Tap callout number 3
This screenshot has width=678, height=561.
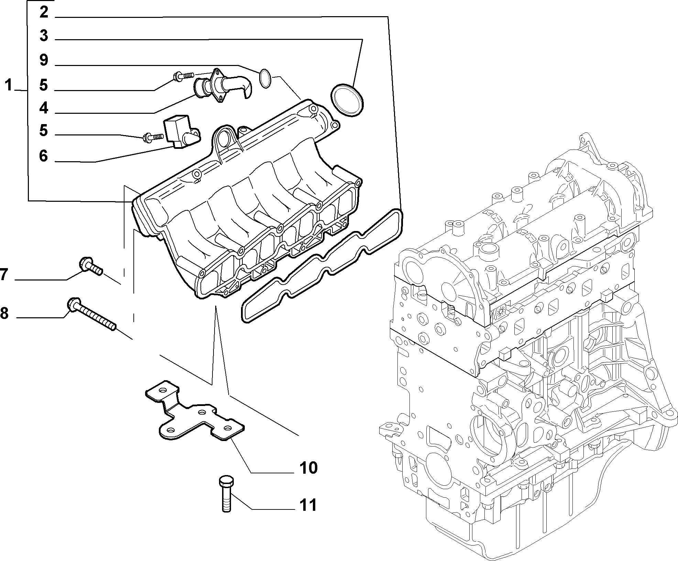(x=44, y=36)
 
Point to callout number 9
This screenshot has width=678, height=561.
(x=44, y=60)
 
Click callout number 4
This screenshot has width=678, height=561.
(x=44, y=108)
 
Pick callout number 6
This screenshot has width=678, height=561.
(x=44, y=156)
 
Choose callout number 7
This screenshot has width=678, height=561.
(x=4, y=275)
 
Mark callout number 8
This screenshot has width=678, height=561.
(x=4, y=313)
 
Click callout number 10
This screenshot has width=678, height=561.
(x=308, y=467)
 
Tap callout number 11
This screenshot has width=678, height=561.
(x=307, y=505)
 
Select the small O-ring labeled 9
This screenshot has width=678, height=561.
(x=265, y=78)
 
